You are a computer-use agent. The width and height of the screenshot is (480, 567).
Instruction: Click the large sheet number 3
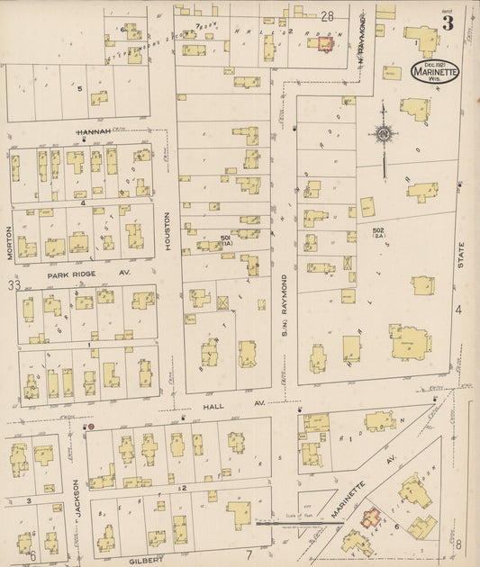(x=448, y=23)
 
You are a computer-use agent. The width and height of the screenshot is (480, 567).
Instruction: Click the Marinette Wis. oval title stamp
(x=435, y=71)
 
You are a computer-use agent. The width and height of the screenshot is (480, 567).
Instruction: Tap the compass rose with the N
(x=384, y=135)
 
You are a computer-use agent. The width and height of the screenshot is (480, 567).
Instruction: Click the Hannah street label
(x=94, y=131)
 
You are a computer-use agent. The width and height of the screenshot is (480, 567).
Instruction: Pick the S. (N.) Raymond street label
(x=284, y=301)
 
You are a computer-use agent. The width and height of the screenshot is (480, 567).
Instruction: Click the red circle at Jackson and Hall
(x=90, y=427)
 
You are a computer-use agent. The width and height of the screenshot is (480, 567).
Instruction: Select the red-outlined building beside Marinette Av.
(x=369, y=518)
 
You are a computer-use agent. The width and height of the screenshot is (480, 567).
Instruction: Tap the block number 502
(x=380, y=233)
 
